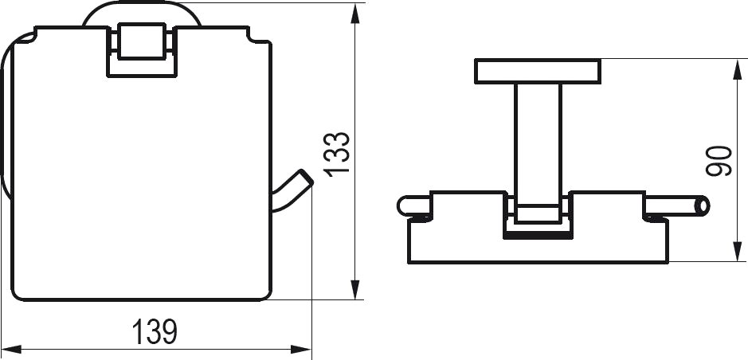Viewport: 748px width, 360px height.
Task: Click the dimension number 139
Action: coord(155,332)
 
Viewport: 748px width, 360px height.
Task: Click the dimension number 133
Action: coord(337,154)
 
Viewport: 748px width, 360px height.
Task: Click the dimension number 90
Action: coord(719,161)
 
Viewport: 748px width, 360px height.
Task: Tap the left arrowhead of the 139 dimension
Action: coord(11,350)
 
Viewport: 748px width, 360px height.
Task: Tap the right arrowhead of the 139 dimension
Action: coord(301,350)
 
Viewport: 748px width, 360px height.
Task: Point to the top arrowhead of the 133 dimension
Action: coord(355,14)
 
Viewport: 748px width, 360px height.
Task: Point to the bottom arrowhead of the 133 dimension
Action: coord(355,289)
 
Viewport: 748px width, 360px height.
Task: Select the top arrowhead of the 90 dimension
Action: coord(738,69)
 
